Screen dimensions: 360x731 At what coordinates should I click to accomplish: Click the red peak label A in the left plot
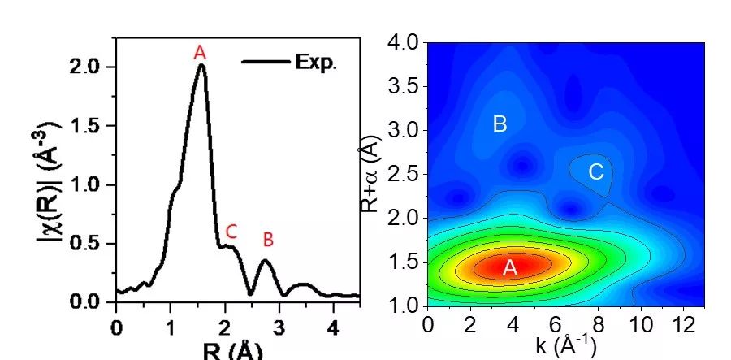(200, 53)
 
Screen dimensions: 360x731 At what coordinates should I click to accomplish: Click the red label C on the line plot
(231, 232)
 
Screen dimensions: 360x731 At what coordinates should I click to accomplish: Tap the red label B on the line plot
(268, 240)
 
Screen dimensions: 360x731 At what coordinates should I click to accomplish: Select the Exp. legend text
(315, 63)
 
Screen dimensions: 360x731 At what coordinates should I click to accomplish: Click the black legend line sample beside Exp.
(265, 62)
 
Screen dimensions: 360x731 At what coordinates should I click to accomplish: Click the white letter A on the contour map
(510, 268)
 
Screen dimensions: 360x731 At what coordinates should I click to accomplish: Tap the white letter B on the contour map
(500, 124)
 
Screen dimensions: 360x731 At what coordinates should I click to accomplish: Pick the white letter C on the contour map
(595, 171)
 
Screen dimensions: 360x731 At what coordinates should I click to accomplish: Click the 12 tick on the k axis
(682, 324)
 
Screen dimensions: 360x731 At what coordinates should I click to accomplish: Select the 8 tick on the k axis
(599, 324)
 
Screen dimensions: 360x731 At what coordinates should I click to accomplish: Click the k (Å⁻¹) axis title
(564, 347)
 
